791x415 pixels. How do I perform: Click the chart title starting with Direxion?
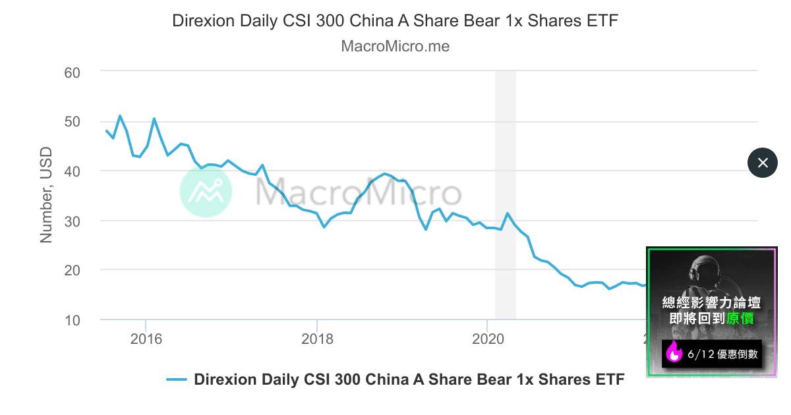tap(395, 20)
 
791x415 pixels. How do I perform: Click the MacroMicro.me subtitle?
tap(395, 47)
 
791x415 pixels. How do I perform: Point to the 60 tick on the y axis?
tap(71, 72)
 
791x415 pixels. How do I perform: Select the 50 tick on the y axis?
tap(71, 122)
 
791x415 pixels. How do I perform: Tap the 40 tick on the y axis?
tap(71, 171)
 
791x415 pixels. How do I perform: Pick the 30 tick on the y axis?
tap(71, 221)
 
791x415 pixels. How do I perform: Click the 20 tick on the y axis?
tap(71, 270)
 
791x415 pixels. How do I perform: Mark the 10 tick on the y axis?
tap(71, 320)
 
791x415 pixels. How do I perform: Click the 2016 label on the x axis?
tap(146, 339)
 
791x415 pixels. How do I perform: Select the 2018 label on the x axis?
tap(316, 339)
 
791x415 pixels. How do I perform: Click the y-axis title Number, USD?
tap(46, 196)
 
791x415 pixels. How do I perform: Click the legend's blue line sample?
tap(177, 380)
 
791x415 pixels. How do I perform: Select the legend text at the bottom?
tap(409, 380)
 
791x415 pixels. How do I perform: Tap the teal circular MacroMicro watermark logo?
tap(206, 192)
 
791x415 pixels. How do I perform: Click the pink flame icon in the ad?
tap(674, 353)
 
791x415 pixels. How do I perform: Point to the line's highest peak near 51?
tap(120, 116)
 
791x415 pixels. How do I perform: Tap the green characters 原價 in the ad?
tap(741, 319)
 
